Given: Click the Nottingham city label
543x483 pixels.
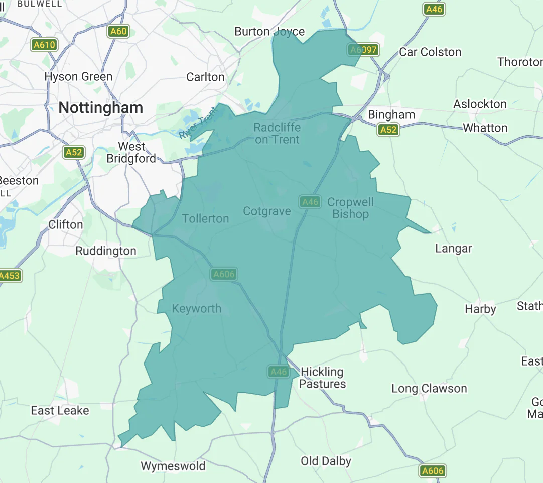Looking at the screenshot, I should point(100,108).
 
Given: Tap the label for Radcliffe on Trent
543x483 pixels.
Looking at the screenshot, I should point(277,133).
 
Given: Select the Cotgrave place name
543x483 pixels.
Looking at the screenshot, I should point(266,211).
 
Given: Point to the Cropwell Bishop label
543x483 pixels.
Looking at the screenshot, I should point(350,208).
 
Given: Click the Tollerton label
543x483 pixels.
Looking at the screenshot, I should point(205,218).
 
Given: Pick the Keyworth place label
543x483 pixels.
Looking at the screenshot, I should point(196,308).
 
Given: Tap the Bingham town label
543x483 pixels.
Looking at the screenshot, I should point(391,114).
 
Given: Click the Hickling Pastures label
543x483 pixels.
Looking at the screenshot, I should point(322,378).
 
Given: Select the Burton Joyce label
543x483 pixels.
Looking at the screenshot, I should point(269,32).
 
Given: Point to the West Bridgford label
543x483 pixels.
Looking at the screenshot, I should point(131,152).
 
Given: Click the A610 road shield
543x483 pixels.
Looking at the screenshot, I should point(44,45).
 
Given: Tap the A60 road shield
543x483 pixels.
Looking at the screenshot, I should point(118,32).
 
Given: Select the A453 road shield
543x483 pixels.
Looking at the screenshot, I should point(9,275).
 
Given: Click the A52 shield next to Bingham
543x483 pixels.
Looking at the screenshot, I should point(388,130).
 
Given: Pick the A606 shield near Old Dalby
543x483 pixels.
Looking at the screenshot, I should point(432,471).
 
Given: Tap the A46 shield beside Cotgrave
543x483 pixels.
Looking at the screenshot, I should point(310,202).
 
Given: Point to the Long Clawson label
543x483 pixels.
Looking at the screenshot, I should point(429,388).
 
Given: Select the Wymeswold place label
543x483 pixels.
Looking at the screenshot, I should point(173,466).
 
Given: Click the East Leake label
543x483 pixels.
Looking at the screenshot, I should point(60,410).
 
